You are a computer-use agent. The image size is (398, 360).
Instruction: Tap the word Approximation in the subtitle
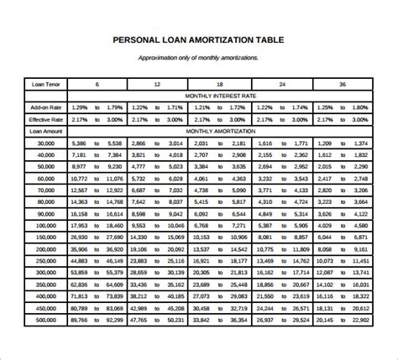point(162,58)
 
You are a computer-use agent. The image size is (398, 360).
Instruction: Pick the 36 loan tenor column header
point(341,85)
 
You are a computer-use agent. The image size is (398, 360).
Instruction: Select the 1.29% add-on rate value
point(80,108)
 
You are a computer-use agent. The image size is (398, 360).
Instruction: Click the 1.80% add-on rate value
point(360,108)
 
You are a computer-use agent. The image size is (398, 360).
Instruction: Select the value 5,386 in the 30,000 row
point(80,143)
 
